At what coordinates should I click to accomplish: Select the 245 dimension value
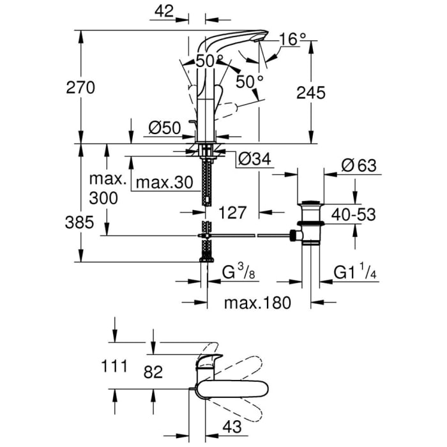pos(311,93)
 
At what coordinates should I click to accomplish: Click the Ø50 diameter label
pos(165,128)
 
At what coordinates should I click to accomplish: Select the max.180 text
pos(257,302)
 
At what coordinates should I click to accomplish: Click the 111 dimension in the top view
pos(115,367)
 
